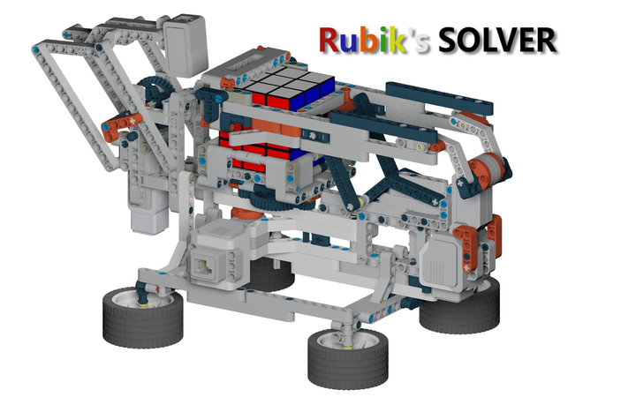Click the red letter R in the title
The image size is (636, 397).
(x=329, y=40)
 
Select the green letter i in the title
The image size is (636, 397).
(x=382, y=40)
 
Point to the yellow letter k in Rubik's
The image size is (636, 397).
(x=397, y=40)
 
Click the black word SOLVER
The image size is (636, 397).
(x=496, y=40)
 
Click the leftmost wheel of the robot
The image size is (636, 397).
(x=142, y=318)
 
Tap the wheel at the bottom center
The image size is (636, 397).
(x=348, y=358)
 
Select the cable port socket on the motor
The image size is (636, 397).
(x=204, y=266)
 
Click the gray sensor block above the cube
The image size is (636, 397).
(x=185, y=45)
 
